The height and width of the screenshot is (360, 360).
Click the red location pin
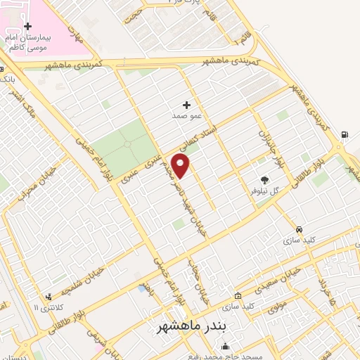pos(181,165)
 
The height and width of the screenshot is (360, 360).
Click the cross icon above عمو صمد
pos(186,104)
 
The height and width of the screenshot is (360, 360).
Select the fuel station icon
pos(344,135)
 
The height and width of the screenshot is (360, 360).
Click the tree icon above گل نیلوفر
pos(264,179)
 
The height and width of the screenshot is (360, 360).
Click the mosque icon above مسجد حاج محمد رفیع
pos(226,346)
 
